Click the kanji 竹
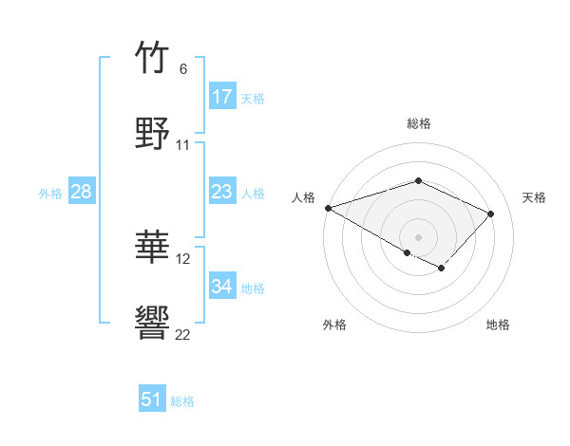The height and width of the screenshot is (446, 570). click(153, 58)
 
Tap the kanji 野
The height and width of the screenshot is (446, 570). click(153, 134)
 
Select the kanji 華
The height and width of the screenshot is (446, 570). click(153, 248)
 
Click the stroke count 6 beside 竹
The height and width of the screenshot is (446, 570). click(183, 69)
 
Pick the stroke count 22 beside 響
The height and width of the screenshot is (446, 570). click(183, 334)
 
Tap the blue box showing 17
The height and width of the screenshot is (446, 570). click(222, 97)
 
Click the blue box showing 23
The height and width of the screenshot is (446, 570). click(222, 192)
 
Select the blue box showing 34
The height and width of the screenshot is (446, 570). click(222, 287)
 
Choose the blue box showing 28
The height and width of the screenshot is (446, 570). click(82, 192)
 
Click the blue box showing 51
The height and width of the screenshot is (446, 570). click(152, 400)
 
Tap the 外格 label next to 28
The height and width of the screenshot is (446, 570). click(50, 193)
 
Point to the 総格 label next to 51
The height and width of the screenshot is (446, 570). click(182, 401)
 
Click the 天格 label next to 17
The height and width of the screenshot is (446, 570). click(253, 98)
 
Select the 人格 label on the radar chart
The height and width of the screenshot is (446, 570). click(303, 197)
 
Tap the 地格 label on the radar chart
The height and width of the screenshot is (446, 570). click(498, 325)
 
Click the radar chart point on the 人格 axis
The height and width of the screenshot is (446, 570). click(328, 208)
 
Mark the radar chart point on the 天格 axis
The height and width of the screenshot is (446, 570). click(491, 214)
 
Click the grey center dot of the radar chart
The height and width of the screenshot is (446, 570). click(418, 236)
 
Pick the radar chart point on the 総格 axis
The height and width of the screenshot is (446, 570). click(418, 180)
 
